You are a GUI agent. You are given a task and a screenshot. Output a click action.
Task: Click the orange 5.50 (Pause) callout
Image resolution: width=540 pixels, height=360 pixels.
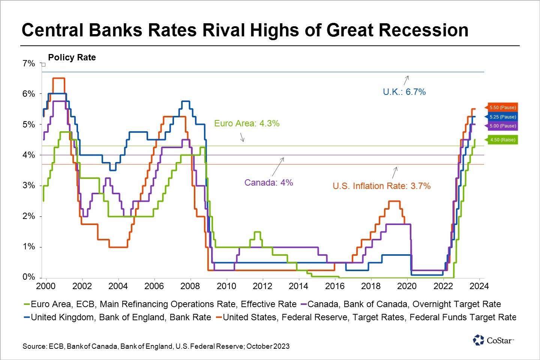502,108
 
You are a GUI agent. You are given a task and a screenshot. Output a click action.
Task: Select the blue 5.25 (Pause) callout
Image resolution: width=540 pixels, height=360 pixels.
502,117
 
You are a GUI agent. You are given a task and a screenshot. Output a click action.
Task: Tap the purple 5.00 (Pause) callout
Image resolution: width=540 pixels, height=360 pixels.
502,126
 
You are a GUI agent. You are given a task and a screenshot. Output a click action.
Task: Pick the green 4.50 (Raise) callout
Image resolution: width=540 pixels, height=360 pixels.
502,140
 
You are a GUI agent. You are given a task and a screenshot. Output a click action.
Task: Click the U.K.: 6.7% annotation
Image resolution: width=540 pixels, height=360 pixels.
404,92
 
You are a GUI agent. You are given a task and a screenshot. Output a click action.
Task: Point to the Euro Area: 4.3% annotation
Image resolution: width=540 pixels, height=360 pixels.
247,123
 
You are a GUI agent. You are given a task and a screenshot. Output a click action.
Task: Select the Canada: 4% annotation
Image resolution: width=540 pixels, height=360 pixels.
268,183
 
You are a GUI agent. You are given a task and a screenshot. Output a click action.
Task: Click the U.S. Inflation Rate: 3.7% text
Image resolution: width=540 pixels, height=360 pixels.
381,186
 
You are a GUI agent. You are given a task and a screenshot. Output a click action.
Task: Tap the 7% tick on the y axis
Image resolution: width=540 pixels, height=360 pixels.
28,63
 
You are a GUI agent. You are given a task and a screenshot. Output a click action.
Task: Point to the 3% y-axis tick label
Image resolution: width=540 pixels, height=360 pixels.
28,186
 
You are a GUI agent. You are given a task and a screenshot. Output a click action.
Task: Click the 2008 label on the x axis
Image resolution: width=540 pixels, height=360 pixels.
190,286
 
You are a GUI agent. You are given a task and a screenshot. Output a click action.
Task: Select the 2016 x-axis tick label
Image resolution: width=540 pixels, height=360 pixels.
335,286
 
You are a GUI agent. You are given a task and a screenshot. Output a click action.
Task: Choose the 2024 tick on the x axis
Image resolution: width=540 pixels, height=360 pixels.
479,286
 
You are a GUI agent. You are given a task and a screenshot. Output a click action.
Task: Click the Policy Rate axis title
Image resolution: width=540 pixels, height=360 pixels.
72,57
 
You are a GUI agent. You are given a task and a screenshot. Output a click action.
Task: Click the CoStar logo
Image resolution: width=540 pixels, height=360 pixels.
493,340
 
